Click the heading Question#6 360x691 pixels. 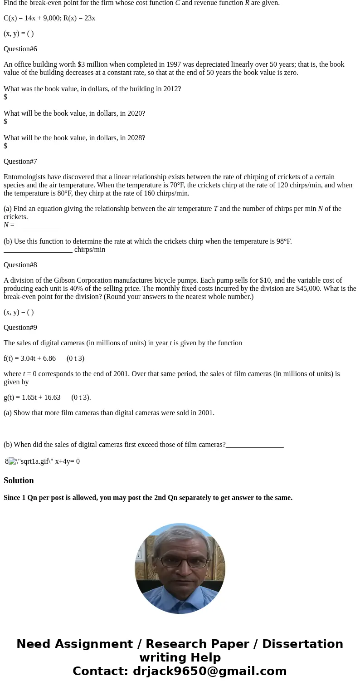(x=20, y=49)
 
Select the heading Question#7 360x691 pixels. (x=20, y=162)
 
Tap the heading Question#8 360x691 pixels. (x=20, y=265)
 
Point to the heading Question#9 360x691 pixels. (x=20, y=328)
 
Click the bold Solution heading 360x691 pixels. (x=19, y=480)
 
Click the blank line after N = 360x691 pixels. (x=38, y=225)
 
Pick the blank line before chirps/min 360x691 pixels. (x=38, y=250)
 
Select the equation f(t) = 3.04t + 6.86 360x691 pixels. (x=30, y=358)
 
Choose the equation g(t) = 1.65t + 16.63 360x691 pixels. (x=32, y=397)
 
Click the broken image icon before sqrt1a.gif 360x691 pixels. (x=13, y=461)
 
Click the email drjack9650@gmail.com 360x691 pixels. (x=209, y=671)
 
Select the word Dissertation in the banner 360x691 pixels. (x=302, y=644)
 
